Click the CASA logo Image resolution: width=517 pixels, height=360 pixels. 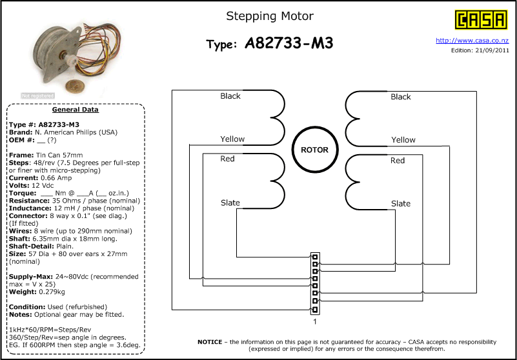[x=481, y=20]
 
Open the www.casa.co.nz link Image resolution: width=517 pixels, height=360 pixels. [x=472, y=41]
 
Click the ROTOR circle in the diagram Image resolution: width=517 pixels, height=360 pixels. [x=315, y=150]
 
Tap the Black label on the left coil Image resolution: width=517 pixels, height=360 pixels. [x=230, y=96]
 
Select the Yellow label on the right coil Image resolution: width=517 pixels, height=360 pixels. [x=403, y=140]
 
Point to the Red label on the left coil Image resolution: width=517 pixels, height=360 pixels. [x=227, y=159]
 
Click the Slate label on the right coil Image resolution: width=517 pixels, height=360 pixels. [x=401, y=203]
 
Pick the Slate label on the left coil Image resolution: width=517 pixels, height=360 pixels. [x=230, y=203]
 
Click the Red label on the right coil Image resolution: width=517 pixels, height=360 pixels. [x=398, y=161]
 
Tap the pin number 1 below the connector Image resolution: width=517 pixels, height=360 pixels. [x=314, y=321]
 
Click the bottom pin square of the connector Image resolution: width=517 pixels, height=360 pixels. [x=315, y=310]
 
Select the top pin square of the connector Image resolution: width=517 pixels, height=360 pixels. [x=315, y=257]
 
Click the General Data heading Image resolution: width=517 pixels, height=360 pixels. [x=76, y=110]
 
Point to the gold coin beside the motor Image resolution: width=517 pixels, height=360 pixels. [x=75, y=86]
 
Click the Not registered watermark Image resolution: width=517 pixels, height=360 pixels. [x=37, y=95]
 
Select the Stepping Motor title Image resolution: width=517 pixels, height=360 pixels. [x=270, y=16]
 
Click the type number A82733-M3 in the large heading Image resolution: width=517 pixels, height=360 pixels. [x=289, y=43]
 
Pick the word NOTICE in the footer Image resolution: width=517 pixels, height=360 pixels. [x=210, y=342]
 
